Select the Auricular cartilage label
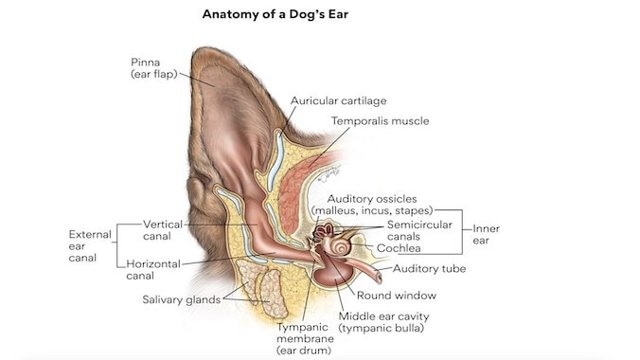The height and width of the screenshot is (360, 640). pos(338,100)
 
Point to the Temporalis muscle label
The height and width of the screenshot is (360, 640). pos(380,121)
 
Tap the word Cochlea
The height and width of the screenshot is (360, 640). pos(399,248)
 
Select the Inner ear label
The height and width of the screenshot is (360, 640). pos(487,234)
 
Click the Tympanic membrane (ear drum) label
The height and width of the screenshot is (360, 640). pos(305,337)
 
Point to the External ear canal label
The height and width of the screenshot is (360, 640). pos(89,245)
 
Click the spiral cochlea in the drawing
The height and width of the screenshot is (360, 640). pos(339,245)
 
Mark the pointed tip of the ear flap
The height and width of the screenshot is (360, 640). pos(194,49)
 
